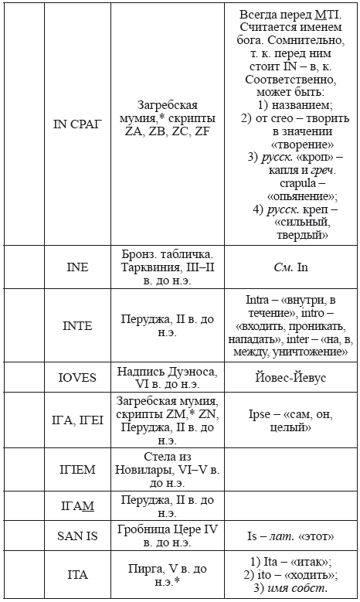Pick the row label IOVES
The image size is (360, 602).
(x=76, y=377)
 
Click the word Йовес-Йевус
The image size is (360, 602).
(x=291, y=377)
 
